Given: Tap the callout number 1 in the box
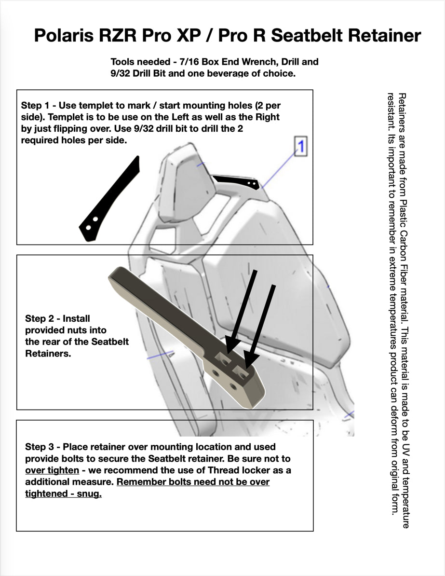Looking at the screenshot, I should click(x=300, y=146).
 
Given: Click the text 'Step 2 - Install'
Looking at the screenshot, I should click(x=57, y=318).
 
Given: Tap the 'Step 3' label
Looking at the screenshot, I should click(x=39, y=447).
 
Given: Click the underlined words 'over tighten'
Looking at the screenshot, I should click(x=52, y=470).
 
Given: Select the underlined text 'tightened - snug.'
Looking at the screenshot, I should click(x=63, y=494).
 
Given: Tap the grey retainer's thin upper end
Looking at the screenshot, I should click(x=121, y=277).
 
